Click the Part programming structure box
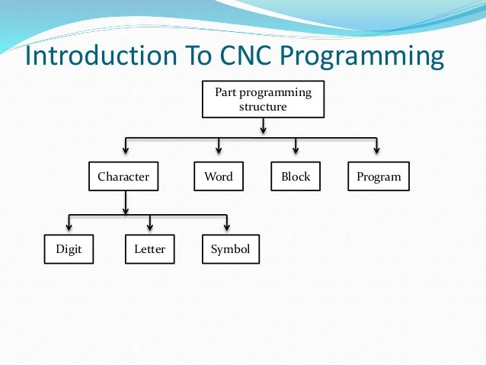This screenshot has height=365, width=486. [263, 99]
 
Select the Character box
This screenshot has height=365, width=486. [123, 177]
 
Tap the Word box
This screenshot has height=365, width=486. [219, 177]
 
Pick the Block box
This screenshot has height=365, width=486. [296, 177]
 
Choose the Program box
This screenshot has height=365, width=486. [378, 177]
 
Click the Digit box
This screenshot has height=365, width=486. [69, 249]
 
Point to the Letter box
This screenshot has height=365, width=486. [149, 249]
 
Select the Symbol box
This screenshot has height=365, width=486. [230, 249]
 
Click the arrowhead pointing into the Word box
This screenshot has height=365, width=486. [219, 149]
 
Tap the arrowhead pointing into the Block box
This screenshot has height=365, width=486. [296, 149]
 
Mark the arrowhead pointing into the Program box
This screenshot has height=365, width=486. [376, 149]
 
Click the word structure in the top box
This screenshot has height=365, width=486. [263, 107]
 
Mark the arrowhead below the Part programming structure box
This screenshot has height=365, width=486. [263, 130]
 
